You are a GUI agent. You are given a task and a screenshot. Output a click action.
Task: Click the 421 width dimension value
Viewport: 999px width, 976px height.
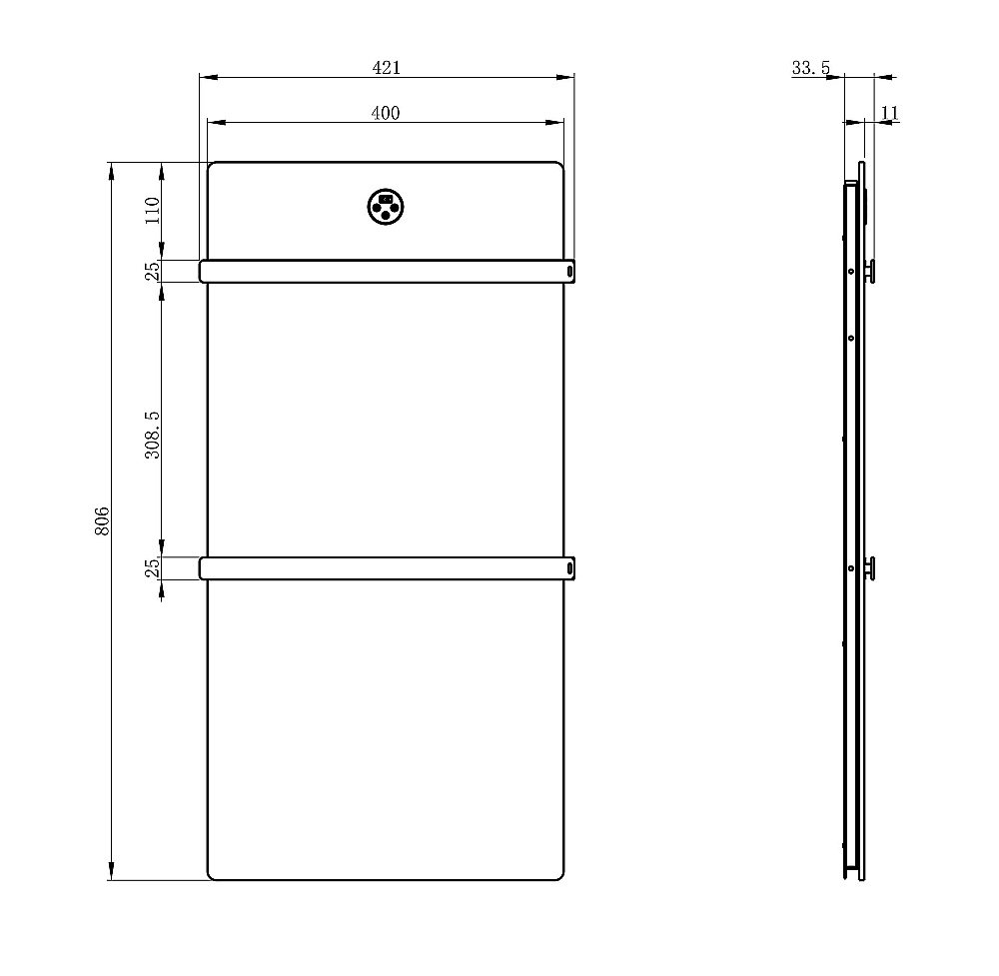click(x=387, y=67)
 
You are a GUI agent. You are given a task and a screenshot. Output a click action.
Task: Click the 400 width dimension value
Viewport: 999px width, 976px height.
click(x=386, y=113)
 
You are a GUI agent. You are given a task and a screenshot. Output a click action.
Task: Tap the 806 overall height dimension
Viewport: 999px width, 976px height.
click(x=102, y=521)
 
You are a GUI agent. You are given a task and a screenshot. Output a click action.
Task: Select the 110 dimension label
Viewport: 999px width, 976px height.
click(x=152, y=211)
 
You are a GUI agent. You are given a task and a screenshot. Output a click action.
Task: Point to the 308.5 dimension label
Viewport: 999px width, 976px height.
click(x=152, y=434)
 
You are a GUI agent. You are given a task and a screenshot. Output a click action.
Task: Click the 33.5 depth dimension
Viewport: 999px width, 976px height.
click(x=810, y=68)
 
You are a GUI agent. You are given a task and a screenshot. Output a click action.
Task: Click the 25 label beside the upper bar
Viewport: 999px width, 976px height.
click(x=152, y=271)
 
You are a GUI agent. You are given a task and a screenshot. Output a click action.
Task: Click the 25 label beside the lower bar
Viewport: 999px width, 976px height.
click(x=152, y=567)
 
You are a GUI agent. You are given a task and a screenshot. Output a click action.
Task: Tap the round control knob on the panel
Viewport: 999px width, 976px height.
click(x=386, y=206)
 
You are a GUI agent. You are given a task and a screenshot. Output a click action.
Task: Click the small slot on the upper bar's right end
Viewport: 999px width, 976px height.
click(x=569, y=271)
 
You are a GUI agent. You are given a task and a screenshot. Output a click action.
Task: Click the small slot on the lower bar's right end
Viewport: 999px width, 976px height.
click(x=569, y=568)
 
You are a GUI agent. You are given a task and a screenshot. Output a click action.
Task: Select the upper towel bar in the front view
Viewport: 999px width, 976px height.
click(x=386, y=271)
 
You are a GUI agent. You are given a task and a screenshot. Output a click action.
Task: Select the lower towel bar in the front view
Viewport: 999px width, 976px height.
click(x=386, y=568)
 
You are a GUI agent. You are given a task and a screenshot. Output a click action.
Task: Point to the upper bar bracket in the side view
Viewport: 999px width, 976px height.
click(x=869, y=270)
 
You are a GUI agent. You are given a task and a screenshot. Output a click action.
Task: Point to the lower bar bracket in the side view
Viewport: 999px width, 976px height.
click(x=869, y=567)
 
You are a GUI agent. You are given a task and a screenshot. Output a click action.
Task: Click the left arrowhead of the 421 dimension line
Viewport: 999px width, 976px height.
click(x=204, y=76)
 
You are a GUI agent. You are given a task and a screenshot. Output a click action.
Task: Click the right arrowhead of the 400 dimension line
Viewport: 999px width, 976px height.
click(x=558, y=123)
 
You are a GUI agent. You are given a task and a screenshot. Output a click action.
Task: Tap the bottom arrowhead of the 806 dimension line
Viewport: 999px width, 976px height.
click(x=111, y=874)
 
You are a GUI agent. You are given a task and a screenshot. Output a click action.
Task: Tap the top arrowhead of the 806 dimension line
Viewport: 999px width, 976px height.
click(x=111, y=168)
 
